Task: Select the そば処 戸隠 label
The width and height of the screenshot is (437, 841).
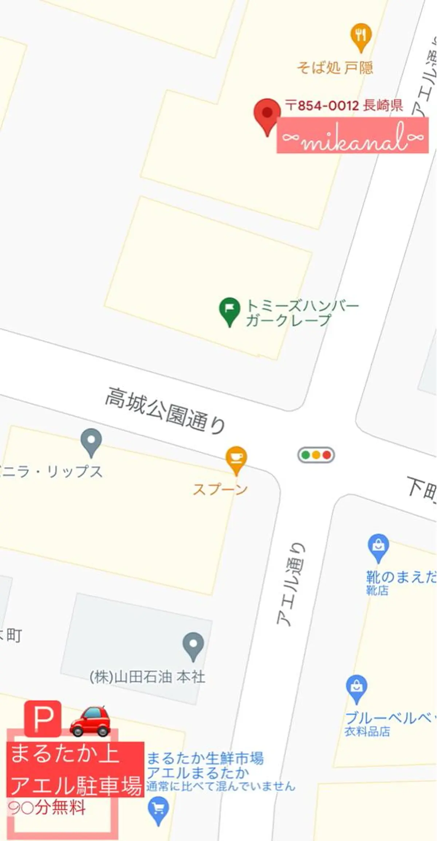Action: click(x=335, y=68)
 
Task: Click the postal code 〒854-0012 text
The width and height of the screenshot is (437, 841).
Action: click(x=322, y=106)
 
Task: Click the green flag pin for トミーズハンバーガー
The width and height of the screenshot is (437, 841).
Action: click(x=229, y=310)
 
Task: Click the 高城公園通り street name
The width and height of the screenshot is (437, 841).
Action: click(x=165, y=410)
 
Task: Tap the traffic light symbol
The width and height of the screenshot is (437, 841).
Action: click(x=316, y=455)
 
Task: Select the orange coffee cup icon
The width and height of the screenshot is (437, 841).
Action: click(x=236, y=459)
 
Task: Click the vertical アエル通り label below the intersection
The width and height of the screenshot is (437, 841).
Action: click(x=291, y=585)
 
